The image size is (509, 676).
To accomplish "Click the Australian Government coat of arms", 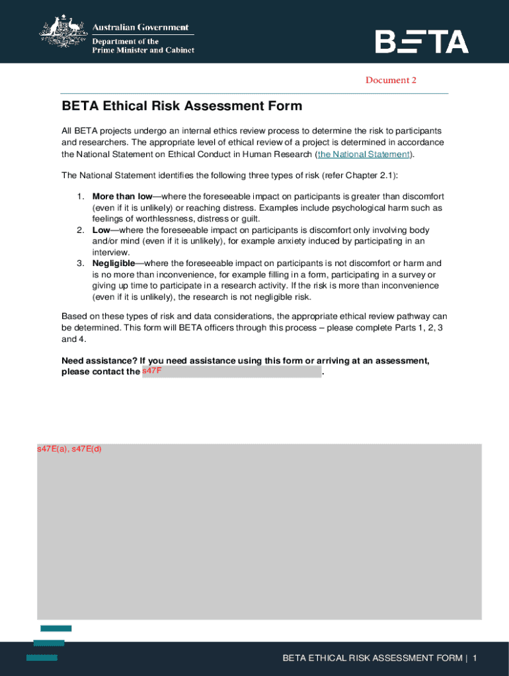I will tap(63, 32).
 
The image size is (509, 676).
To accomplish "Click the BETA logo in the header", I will tap(422, 42).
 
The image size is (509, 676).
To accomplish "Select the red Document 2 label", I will tap(391, 81).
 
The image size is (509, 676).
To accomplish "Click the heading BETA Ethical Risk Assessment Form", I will tap(182, 106).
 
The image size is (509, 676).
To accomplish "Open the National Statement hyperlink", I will tap(364, 154).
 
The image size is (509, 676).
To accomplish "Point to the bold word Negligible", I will tap(113, 263).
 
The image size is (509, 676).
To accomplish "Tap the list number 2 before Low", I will tap(79, 230).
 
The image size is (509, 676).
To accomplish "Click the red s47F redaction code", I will tap(152, 372).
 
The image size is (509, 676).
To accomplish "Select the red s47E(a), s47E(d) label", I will tap(69, 450).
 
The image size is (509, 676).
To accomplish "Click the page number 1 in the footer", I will tap(475, 658).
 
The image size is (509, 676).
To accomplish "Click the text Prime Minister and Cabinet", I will tap(143, 50).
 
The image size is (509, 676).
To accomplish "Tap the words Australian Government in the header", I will tap(139, 28).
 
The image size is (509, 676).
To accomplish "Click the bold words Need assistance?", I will tap(99, 360).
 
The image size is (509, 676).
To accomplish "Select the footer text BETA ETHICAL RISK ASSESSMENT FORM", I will tap(372, 658).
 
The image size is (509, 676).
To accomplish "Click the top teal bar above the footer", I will tap(56, 628).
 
